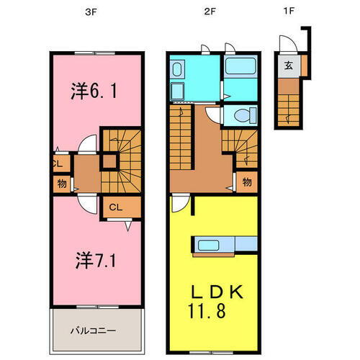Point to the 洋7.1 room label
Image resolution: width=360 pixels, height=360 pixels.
pos(94,260)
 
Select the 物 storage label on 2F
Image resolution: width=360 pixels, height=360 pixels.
pos(247,182)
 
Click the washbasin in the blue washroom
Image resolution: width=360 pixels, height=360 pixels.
pos(177,70)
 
